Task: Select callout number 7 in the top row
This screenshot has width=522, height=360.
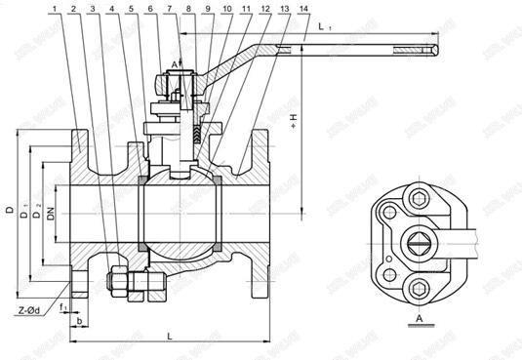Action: tap(169, 9)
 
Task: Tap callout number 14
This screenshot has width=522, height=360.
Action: tap(279, 9)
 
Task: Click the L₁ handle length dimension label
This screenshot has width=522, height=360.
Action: tap(323, 30)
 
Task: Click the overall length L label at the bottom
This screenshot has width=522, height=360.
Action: tap(170, 335)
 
